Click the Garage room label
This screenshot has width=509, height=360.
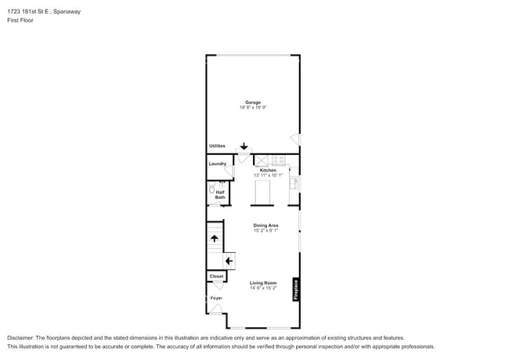252,102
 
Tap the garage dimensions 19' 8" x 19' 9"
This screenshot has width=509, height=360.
252,107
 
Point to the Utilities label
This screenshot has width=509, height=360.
217,146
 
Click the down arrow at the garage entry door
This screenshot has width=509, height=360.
244,146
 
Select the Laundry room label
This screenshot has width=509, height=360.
217,164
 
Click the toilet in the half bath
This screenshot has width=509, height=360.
211,189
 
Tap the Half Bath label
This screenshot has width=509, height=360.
220,195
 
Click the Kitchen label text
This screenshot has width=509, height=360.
268,170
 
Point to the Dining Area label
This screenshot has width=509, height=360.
265,225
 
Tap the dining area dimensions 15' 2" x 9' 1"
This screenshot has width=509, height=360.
265,231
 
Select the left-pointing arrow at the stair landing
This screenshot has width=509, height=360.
229,261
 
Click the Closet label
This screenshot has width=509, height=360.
216,276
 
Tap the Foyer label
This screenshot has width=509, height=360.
216,298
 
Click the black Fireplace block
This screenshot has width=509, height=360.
296,290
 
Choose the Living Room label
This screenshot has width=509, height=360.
263,283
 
